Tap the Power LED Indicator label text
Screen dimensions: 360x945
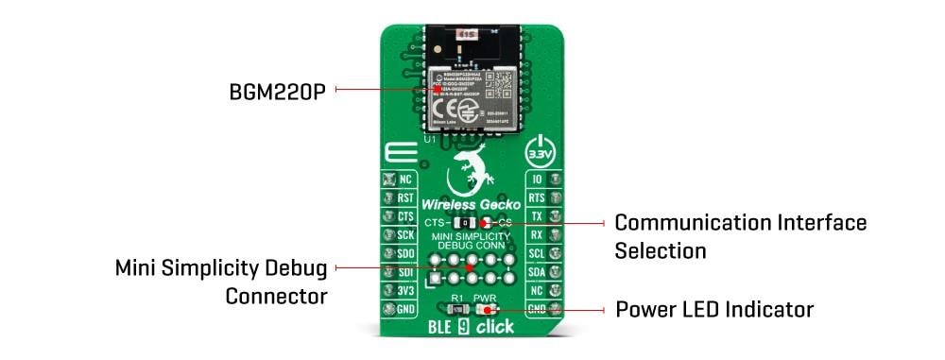pos(713,310)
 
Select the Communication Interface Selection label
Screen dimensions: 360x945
pos(740,236)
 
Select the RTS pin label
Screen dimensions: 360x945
pos(536,197)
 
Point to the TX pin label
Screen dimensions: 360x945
pos(536,216)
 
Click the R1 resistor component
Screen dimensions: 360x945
pos(455,310)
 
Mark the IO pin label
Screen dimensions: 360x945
pos(536,179)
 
